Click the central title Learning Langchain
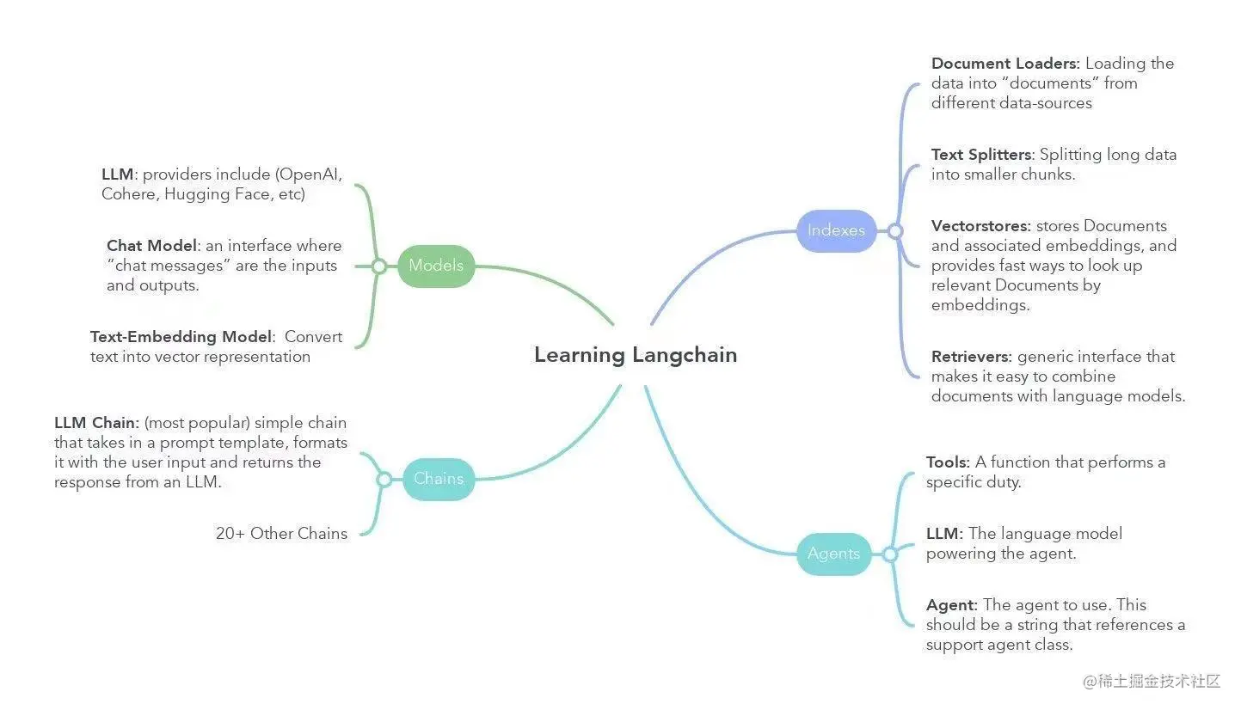point(635,355)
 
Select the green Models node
point(436,266)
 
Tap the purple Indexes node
point(836,230)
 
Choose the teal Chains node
point(438,479)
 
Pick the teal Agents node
point(833,554)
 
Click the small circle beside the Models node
point(378,266)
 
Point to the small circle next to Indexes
point(894,231)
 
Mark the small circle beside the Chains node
point(384,480)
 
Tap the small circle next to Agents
point(890,554)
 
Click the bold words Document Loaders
point(1004,64)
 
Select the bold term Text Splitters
point(980,155)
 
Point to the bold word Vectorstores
point(980,226)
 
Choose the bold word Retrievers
point(971,357)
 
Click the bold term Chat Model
point(151,246)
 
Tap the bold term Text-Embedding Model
point(181,337)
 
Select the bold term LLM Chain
point(95,423)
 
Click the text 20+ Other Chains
point(281,534)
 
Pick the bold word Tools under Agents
point(947,462)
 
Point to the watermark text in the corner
point(1152,682)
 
